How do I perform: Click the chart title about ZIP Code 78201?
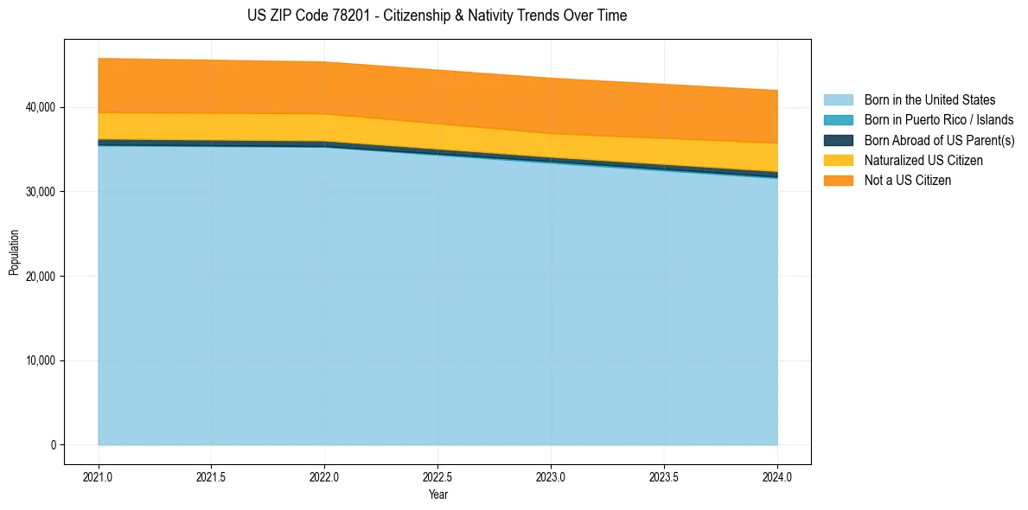tap(437, 16)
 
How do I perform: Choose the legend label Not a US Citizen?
tap(907, 181)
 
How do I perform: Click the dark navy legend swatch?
tap(838, 140)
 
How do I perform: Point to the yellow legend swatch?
tap(838, 160)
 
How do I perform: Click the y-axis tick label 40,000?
tap(40, 107)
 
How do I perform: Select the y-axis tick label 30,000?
tap(40, 192)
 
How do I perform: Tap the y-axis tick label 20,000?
tap(40, 277)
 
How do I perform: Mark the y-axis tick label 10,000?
tap(40, 360)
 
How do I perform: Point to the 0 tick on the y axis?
tap(52, 445)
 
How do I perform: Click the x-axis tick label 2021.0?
tap(99, 476)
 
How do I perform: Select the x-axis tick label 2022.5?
tap(438, 476)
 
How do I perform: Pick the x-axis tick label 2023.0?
tap(551, 476)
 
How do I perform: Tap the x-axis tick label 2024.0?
tap(777, 476)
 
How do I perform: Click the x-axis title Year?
tap(437, 494)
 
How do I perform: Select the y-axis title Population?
tap(14, 252)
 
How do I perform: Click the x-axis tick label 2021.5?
tap(212, 476)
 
